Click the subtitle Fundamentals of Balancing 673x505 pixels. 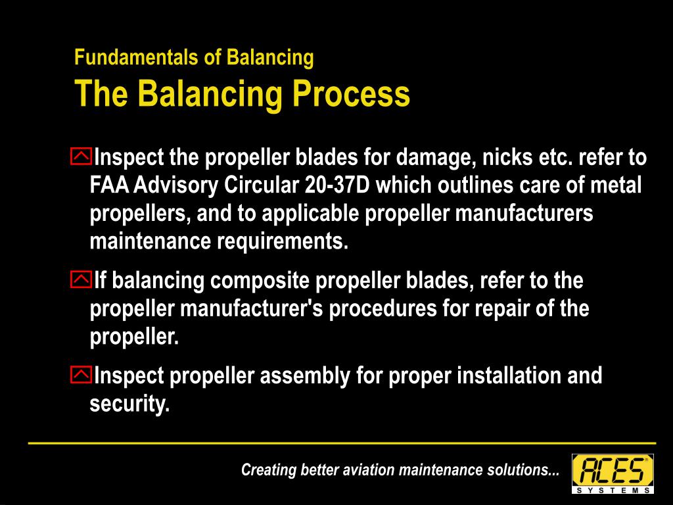[194, 58]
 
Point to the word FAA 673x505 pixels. [108, 186]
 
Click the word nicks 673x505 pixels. [507, 158]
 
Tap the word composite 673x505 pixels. [260, 281]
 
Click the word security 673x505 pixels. [129, 404]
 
